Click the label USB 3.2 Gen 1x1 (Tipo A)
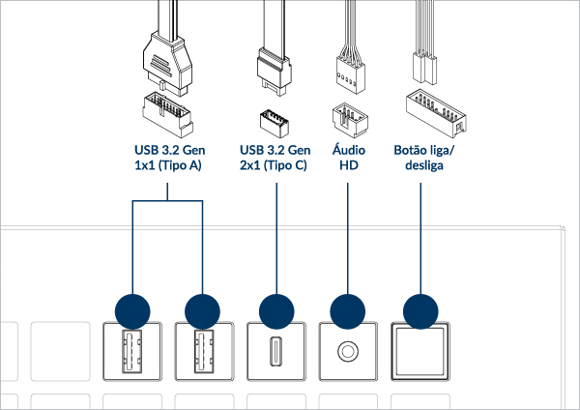pyautogui.click(x=168, y=158)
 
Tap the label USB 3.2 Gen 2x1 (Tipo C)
pyautogui.click(x=275, y=158)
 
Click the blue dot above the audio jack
pyautogui.click(x=348, y=311)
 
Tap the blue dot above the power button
pyautogui.click(x=420, y=311)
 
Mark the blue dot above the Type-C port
pyautogui.click(x=276, y=311)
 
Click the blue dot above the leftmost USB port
pyautogui.click(x=132, y=311)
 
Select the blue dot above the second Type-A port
pyautogui.click(x=203, y=311)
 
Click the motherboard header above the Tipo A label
pyautogui.click(x=167, y=114)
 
